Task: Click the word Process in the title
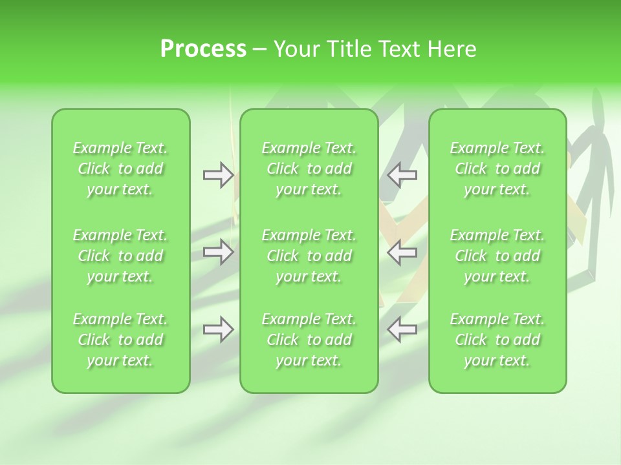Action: [203, 49]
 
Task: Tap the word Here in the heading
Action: [453, 49]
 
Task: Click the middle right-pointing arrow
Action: [218, 252]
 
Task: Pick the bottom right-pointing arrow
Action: [218, 329]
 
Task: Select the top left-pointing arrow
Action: [402, 174]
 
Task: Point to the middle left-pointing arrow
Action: [402, 252]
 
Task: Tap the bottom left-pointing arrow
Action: [402, 329]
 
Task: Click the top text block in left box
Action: [120, 169]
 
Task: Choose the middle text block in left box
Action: [120, 256]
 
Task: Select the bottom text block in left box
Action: [120, 340]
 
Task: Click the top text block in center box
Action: [309, 169]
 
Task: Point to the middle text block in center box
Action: [309, 256]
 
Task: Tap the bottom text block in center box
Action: [309, 340]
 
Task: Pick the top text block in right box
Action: [497, 169]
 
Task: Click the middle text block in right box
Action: [497, 256]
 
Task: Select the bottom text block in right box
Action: [497, 340]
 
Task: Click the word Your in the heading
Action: [296, 49]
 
